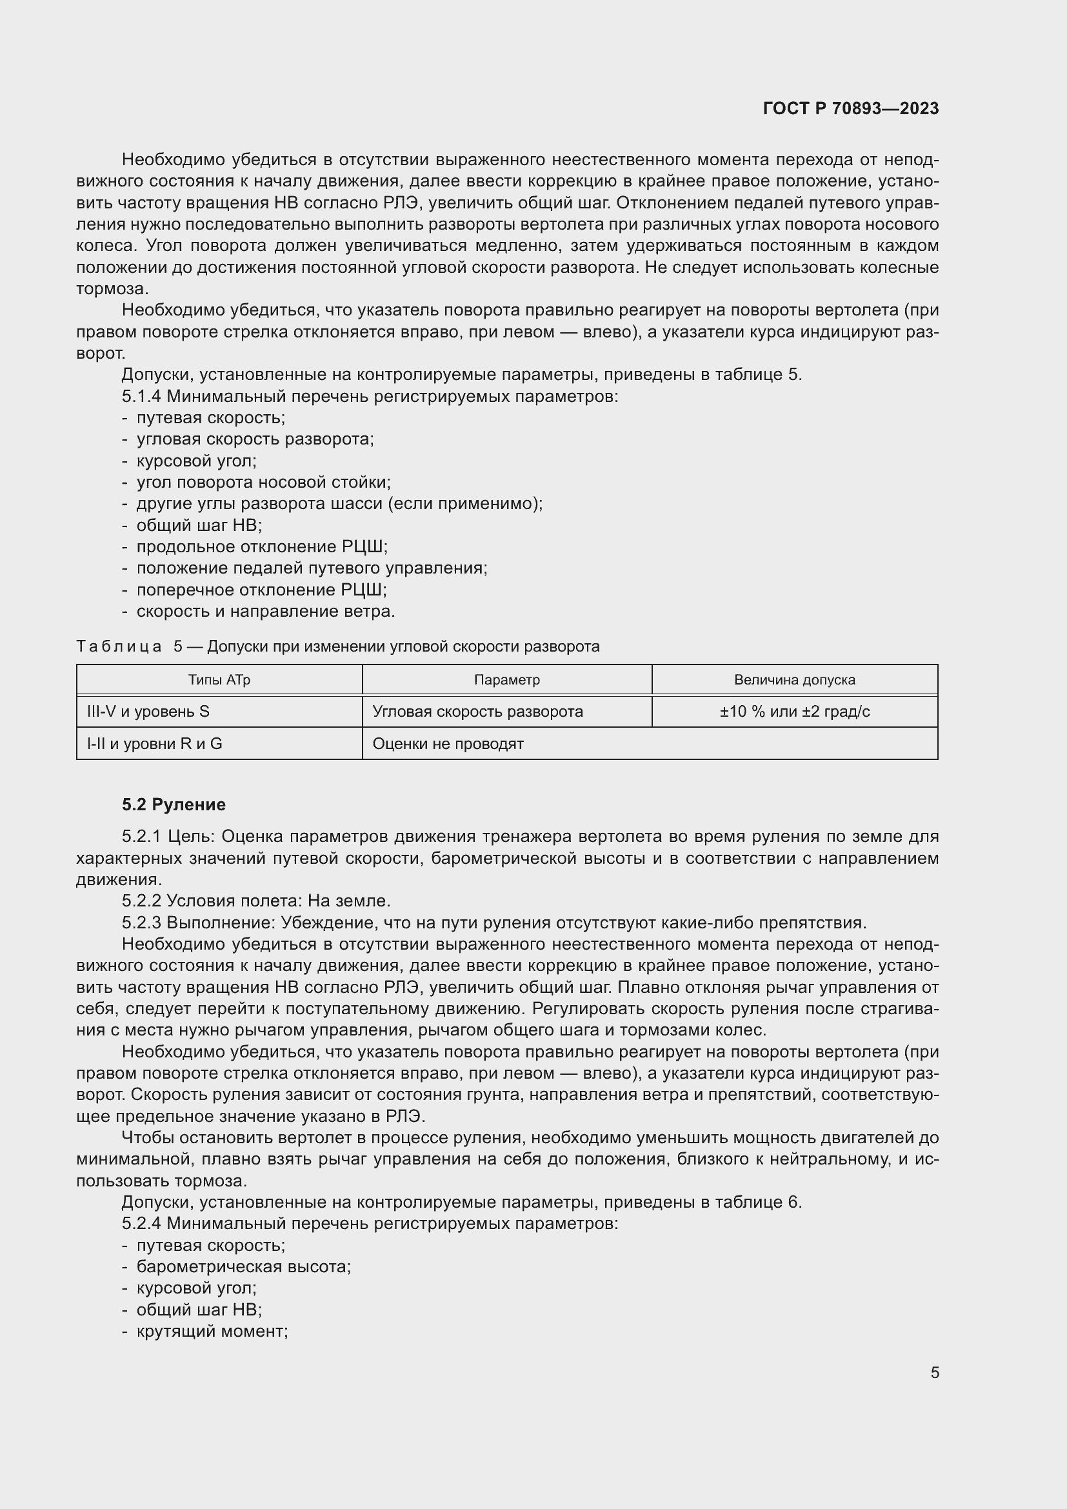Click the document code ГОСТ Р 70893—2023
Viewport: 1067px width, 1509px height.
(850, 108)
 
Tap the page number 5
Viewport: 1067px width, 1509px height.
(934, 1372)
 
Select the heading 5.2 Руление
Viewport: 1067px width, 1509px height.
(174, 804)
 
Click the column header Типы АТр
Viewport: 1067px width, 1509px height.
(219, 679)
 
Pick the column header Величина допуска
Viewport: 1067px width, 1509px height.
(793, 679)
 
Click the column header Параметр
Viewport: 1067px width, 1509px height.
(506, 679)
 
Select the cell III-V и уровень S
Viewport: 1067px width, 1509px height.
(148, 712)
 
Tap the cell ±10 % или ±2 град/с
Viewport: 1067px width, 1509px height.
(793, 712)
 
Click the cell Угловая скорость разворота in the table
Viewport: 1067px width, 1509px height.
(477, 712)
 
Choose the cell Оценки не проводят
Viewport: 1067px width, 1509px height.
(448, 744)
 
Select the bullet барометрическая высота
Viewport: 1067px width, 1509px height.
(243, 1266)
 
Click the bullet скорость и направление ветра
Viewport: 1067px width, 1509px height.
(265, 611)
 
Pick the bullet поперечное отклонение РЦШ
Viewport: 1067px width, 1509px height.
(261, 590)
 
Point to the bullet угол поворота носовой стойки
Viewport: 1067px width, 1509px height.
(263, 483)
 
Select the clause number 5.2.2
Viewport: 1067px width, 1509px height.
(141, 901)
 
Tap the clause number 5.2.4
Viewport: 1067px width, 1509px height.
(141, 1223)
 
